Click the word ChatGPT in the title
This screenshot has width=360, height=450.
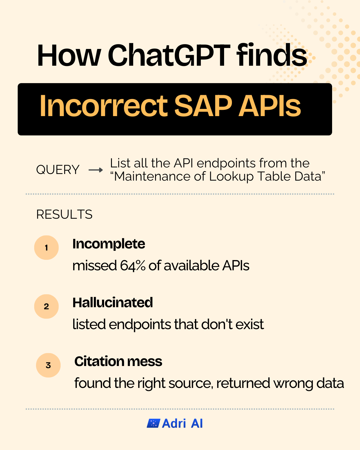point(169,55)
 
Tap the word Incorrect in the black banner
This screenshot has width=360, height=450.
point(104,106)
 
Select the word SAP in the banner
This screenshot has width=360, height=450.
point(203,106)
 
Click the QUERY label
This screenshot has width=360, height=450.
point(58,170)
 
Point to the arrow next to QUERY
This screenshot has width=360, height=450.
point(96,170)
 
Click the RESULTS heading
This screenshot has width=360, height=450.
point(64,214)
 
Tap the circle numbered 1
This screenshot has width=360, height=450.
point(46,248)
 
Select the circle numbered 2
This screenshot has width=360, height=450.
point(46,306)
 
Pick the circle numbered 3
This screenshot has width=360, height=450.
point(48,365)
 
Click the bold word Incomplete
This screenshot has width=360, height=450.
point(109,244)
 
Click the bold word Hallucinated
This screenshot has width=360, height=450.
point(112,302)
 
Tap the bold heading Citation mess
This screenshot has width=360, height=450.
point(118,361)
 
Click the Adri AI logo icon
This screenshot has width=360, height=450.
point(153,423)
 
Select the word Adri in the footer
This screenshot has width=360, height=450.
point(174,423)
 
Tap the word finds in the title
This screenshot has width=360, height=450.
point(272,55)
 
